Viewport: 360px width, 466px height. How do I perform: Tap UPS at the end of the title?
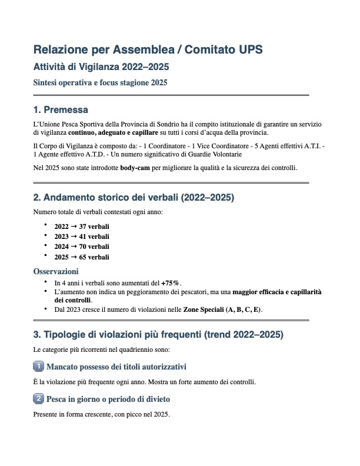[x=249, y=50]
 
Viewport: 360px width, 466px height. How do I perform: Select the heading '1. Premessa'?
[x=61, y=110]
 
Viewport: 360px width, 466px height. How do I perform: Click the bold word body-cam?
[x=136, y=168]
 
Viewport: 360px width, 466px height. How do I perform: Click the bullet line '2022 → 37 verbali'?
[x=81, y=227]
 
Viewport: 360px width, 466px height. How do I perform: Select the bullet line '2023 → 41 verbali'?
[x=81, y=237]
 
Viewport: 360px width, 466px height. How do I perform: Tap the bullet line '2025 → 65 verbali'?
[x=81, y=257]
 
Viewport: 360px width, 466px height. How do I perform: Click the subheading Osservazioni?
[x=56, y=272]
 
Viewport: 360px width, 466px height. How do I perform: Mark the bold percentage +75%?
[x=171, y=283]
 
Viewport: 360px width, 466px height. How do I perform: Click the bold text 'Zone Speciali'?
[x=205, y=309]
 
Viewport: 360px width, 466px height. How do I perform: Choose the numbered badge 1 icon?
[x=39, y=367]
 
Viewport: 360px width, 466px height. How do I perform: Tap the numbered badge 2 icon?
[x=39, y=399]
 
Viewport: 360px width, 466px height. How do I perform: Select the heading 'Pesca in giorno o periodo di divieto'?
[x=108, y=399]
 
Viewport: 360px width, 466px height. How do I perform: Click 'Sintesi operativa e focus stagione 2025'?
[x=101, y=83]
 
